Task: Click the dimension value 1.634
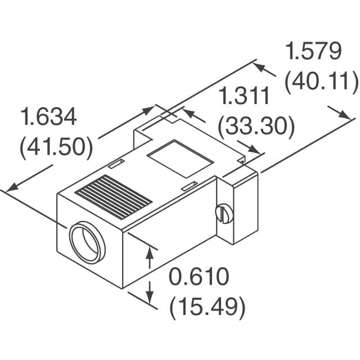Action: click(48, 118)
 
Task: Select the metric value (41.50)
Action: click(56, 147)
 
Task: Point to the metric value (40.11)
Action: click(321, 82)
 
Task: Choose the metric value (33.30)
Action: click(256, 126)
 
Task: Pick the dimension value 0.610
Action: click(200, 277)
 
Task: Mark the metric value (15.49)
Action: click(208, 307)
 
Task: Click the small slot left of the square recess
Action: click(115, 164)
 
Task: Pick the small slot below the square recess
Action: click(190, 184)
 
